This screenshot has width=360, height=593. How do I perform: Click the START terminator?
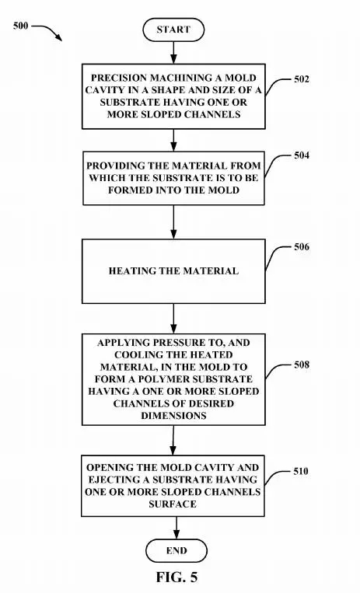173,30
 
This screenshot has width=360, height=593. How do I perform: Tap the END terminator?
177,550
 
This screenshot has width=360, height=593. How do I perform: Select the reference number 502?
302,79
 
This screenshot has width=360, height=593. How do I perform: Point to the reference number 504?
302,155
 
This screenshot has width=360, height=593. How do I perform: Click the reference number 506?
302,247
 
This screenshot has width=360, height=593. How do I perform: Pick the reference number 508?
302,365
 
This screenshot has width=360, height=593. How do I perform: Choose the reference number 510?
301,471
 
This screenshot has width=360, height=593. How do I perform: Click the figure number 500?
20,26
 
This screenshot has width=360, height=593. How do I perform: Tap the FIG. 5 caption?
177,577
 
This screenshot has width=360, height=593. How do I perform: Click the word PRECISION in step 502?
119,78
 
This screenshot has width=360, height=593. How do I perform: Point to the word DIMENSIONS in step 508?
173,415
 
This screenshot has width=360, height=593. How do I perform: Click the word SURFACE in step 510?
173,504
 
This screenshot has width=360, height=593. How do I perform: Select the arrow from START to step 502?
173,53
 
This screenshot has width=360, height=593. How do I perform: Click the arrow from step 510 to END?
177,528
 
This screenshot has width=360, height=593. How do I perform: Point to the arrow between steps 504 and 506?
173,222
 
